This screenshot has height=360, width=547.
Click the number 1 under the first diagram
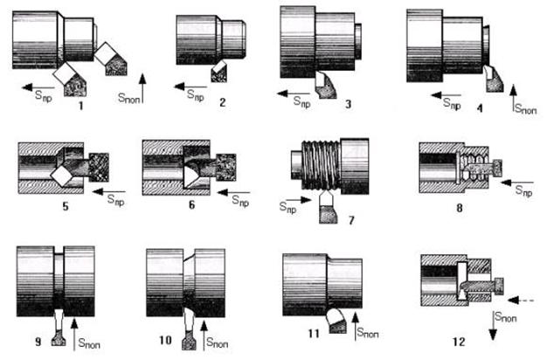coord(81,106)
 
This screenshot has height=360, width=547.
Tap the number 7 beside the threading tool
coord(351,220)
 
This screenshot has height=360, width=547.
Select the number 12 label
coord(459,342)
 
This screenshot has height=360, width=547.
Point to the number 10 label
coord(165,340)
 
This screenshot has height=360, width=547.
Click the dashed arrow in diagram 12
coord(521,300)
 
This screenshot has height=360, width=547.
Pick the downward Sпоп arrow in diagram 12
coord(493,325)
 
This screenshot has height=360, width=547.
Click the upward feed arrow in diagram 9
coord(74,335)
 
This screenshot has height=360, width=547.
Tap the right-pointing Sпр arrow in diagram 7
coord(299,200)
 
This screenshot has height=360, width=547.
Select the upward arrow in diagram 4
coord(513,98)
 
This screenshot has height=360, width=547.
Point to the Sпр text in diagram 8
coord(524,190)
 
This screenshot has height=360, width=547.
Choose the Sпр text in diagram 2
coord(196,95)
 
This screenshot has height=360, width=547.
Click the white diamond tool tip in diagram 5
coord(62,177)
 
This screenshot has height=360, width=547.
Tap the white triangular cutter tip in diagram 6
coord(190,177)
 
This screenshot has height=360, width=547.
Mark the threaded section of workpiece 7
coord(321,164)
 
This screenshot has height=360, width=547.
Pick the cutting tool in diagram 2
coord(218,71)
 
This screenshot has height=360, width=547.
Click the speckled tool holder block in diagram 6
coord(226,167)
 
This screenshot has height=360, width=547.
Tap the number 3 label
coord(348,104)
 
